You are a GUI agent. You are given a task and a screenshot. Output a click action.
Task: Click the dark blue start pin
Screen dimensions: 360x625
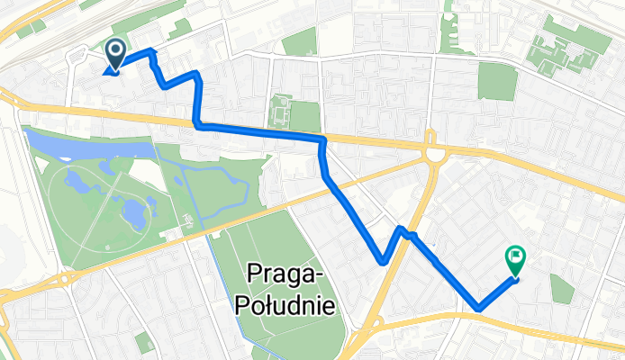(x=115, y=54)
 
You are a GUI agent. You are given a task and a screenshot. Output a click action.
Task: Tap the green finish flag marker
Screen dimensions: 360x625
(x=516, y=260)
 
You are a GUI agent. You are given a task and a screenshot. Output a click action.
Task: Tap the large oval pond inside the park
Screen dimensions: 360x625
(x=134, y=212)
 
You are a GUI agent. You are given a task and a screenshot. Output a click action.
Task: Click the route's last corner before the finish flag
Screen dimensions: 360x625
(x=478, y=310)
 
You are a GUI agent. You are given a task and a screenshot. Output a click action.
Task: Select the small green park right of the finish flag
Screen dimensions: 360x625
(x=562, y=288)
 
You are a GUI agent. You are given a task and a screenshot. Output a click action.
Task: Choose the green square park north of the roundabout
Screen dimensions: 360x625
(x=497, y=81)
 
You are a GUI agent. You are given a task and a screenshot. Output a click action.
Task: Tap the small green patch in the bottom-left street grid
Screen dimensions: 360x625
(x=143, y=341)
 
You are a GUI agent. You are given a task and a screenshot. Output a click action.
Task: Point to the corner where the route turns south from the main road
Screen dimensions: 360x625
(x=322, y=141)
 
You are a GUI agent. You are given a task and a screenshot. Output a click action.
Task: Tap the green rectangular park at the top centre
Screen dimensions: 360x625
(x=300, y=40)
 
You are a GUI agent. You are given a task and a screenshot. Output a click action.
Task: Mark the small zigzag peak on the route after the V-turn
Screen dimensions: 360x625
(x=402, y=231)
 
